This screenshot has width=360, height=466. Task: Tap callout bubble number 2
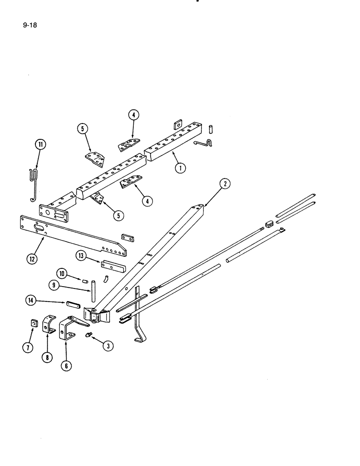point(225,185)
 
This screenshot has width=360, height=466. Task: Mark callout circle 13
point(82,255)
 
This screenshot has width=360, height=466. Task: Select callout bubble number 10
point(63,273)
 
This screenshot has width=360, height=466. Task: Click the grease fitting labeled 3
point(90,335)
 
